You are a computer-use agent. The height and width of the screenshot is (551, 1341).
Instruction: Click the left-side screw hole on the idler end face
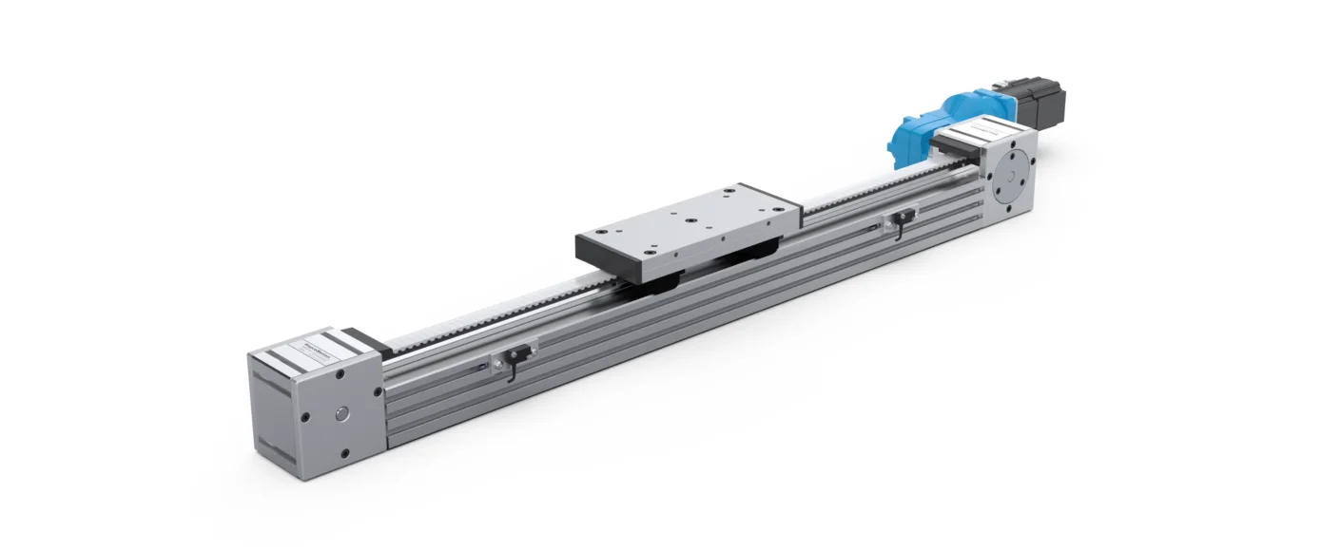pyautogui.click(x=305, y=415)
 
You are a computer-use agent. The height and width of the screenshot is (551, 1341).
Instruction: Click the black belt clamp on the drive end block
pyautogui.click(x=951, y=143)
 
